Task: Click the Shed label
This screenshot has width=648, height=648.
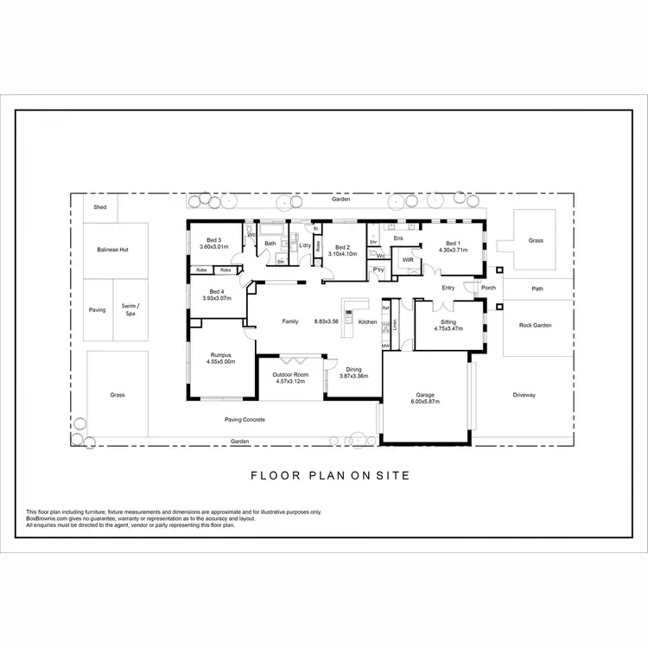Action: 101,207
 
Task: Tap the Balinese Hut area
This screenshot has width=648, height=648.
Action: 115,250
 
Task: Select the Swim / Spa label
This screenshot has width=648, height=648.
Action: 130,309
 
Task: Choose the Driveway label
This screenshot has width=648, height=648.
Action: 524,395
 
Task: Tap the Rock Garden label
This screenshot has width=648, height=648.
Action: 535,326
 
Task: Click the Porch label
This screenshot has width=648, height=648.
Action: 489,288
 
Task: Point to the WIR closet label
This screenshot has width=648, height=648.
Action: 408,259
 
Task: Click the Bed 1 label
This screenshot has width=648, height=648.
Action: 452,244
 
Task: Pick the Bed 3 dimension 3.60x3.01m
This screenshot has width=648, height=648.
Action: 213,247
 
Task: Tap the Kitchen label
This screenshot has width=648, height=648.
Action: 368,321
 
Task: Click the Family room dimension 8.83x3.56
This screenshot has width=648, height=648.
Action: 327,321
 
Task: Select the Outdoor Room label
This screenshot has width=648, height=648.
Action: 290,374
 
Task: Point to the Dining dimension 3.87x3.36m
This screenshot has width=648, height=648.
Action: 353,376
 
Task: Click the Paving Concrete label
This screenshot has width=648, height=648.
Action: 245,420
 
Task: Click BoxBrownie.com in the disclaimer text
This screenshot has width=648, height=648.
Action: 48,518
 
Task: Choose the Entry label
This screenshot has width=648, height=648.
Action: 448,288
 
